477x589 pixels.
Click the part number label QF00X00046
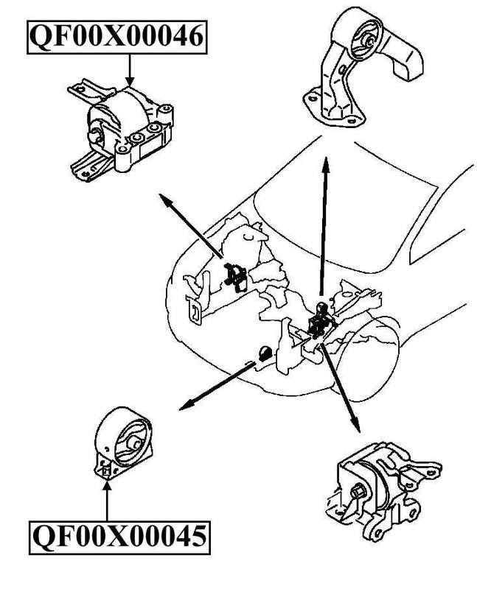[x=116, y=36]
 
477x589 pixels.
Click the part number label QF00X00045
[x=118, y=537]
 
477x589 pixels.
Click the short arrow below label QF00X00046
[x=130, y=70]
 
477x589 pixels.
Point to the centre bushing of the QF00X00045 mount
[x=133, y=442]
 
